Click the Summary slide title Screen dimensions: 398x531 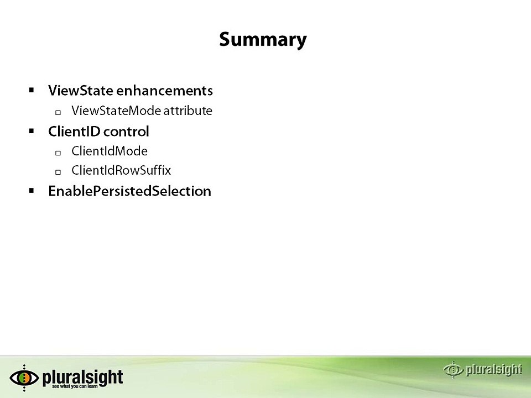coord(263,40)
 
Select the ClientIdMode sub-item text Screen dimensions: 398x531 coord(110,151)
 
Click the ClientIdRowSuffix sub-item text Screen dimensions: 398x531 coord(121,170)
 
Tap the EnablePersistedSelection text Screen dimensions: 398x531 coord(129,191)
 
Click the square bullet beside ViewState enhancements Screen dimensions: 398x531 coord(32,90)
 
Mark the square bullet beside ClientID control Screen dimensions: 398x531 coord(32,131)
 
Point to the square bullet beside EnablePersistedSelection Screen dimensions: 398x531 coord(32,191)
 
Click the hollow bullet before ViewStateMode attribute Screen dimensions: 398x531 coord(58,112)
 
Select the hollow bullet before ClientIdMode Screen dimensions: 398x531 coord(58,152)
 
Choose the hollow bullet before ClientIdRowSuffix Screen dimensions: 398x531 coord(58,171)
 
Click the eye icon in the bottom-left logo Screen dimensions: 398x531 coord(24,378)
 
